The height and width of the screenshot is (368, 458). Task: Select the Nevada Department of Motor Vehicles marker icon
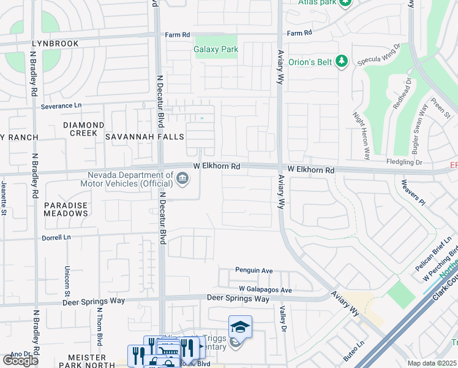click(x=182, y=178)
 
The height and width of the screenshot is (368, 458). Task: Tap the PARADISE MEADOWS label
click(x=66, y=210)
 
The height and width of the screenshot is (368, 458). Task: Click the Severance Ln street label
click(x=61, y=106)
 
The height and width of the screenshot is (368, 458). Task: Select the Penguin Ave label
click(x=254, y=270)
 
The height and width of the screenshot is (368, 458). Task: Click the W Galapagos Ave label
click(x=265, y=289)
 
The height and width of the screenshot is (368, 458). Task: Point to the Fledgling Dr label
click(x=405, y=162)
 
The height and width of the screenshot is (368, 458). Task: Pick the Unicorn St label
click(x=67, y=280)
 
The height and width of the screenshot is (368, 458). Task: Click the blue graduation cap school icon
click(x=240, y=328)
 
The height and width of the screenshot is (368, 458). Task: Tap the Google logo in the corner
click(x=20, y=361)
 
